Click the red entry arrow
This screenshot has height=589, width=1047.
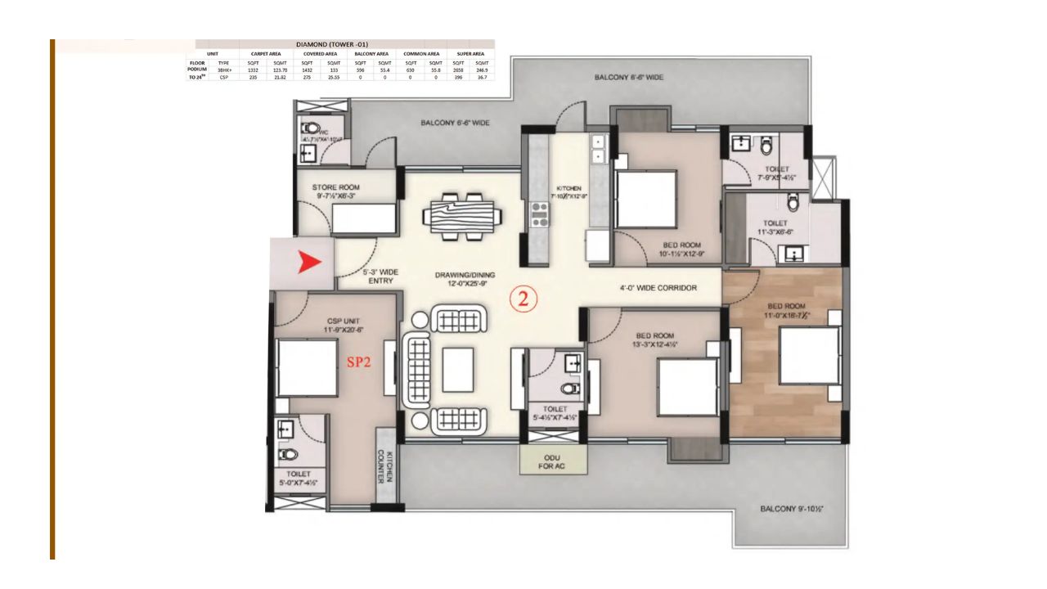[x=310, y=263]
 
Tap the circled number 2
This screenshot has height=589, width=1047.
[x=524, y=299]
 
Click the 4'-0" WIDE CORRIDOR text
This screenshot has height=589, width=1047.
[x=658, y=288]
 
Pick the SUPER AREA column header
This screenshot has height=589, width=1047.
[x=470, y=53]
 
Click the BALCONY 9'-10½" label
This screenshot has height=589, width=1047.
[x=791, y=509]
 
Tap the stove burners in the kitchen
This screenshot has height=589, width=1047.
[x=540, y=214]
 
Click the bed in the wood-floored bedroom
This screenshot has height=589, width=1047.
[x=809, y=356]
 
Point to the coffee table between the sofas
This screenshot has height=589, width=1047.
[x=457, y=371]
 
